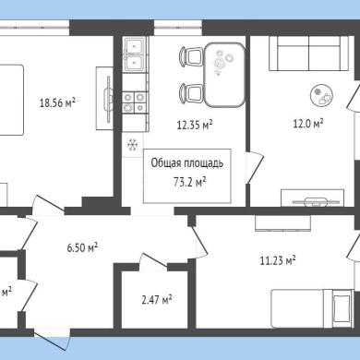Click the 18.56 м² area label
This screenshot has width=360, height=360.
pos(57,102)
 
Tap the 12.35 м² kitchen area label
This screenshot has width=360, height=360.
pos(195,125)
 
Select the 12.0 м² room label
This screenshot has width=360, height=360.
pos(307,124)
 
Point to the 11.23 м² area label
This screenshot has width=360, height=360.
pos(278,261)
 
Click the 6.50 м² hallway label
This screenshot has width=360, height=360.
pos(82,247)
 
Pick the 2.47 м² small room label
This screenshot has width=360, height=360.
pos(157,299)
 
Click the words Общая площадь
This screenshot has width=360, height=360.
pos(187,163)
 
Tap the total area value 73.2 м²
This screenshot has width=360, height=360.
pos(189,182)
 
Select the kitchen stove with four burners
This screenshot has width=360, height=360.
pos(134,102)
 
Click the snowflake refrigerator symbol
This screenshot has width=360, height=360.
pos(133,145)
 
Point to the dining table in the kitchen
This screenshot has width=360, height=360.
pos(225,75)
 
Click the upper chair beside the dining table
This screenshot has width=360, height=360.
pos(191,56)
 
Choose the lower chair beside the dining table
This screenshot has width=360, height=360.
pos(191,92)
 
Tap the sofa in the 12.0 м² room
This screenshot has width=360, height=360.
pos(309,54)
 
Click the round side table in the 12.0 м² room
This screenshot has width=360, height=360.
pos(322,95)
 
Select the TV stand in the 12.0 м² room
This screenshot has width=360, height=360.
pos(313,198)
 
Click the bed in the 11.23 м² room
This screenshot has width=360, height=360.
pos(312,308)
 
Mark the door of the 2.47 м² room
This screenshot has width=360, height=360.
pos(153,260)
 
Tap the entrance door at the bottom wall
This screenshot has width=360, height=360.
pos(52,340)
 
